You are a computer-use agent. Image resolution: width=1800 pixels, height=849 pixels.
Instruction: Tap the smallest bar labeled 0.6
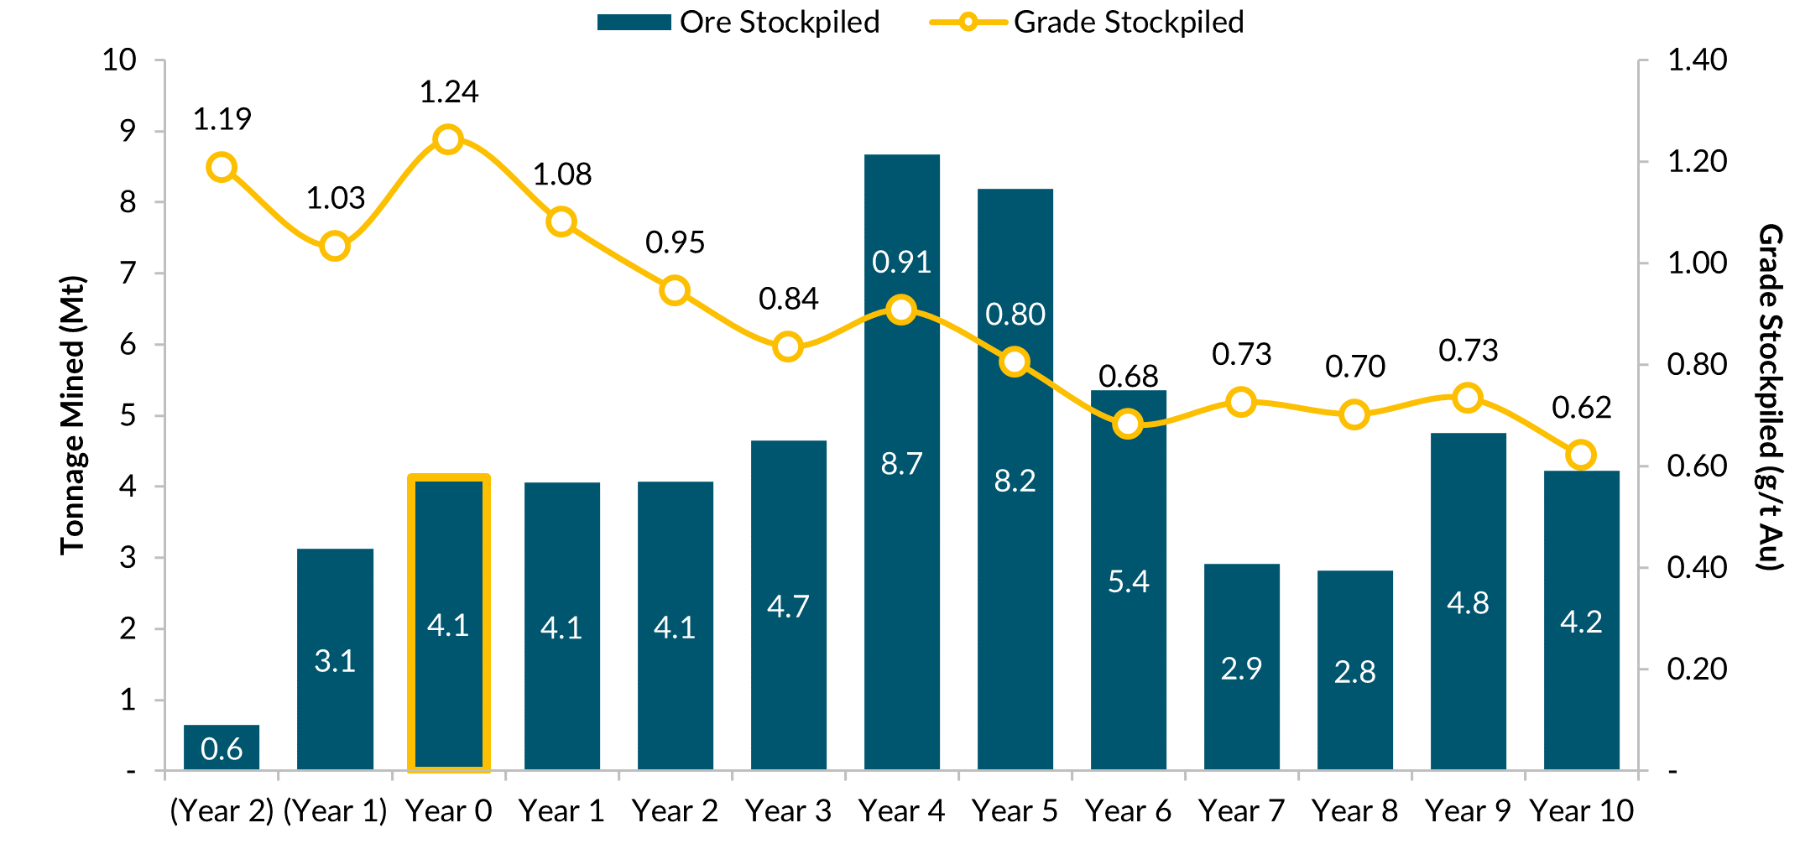(x=222, y=747)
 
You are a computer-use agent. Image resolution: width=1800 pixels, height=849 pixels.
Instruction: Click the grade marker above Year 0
(x=448, y=139)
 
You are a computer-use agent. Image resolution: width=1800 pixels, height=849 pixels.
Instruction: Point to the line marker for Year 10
(x=1581, y=455)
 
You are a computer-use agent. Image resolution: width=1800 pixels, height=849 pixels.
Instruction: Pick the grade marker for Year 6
(x=1128, y=424)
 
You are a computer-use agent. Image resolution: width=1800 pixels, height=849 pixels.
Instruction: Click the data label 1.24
(x=448, y=92)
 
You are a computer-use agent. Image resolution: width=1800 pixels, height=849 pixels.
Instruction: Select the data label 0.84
(x=788, y=299)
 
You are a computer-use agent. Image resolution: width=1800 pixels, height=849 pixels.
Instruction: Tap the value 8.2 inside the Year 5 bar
(x=1015, y=481)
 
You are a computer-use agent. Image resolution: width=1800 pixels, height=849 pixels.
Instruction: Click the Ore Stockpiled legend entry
(x=738, y=23)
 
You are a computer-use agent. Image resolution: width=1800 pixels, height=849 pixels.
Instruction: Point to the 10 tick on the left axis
(x=119, y=60)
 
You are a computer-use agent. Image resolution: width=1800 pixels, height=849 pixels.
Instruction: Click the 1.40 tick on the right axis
(x=1697, y=60)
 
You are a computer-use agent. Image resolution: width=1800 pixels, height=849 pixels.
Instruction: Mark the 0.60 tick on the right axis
(x=1697, y=466)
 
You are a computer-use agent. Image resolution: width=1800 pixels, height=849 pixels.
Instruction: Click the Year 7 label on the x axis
(x=1241, y=811)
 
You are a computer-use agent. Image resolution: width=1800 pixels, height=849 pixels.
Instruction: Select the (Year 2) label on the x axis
(x=222, y=811)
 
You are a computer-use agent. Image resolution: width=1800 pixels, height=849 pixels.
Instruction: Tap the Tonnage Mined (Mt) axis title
(x=73, y=414)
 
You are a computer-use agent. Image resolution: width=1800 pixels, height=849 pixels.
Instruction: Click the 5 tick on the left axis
(x=128, y=415)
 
